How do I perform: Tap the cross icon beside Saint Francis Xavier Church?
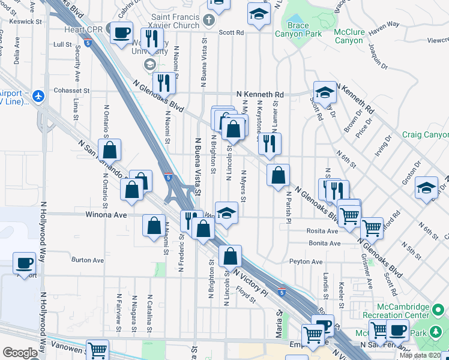(209, 21)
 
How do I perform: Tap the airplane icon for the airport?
(39, 95)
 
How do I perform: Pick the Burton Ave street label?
(88, 260)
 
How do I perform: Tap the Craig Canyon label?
(425, 135)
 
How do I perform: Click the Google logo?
(20, 353)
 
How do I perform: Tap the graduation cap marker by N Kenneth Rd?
(325, 92)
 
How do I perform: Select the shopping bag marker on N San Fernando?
(110, 150)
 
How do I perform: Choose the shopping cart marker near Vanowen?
(97, 350)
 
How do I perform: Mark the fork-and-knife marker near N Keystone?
(270, 143)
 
